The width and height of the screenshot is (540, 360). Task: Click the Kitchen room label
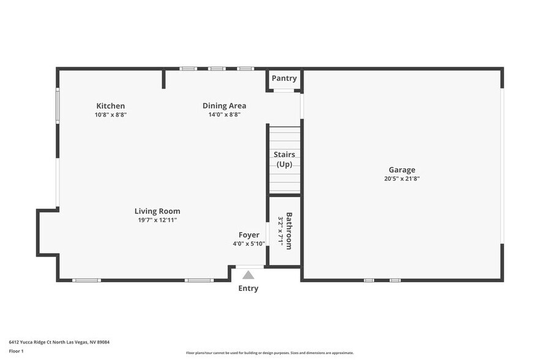tap(110, 106)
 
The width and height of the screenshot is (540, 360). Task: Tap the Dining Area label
tap(224, 106)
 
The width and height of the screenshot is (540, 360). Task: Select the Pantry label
tap(284, 78)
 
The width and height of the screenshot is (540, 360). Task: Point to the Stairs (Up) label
tap(284, 159)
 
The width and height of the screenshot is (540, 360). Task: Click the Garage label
tap(402, 170)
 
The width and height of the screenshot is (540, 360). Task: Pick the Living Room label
tap(157, 211)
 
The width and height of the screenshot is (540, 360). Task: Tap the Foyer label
tap(249, 234)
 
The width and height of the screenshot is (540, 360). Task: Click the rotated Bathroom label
tap(289, 230)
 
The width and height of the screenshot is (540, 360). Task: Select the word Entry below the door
tap(248, 288)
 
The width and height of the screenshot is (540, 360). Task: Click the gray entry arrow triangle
tap(248, 275)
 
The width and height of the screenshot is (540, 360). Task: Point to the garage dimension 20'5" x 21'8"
tap(402, 179)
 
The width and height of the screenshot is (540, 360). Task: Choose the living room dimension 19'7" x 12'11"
tap(157, 220)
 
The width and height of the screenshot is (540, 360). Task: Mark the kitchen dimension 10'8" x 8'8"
tap(110, 114)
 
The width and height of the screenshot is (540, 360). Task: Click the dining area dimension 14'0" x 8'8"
tap(224, 114)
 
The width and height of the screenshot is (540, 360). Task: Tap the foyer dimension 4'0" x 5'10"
tap(249, 244)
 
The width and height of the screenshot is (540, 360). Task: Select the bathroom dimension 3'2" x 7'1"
tap(280, 230)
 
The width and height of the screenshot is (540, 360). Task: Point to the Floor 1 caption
tap(16, 351)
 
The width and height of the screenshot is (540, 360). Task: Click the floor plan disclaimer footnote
tap(269, 353)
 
